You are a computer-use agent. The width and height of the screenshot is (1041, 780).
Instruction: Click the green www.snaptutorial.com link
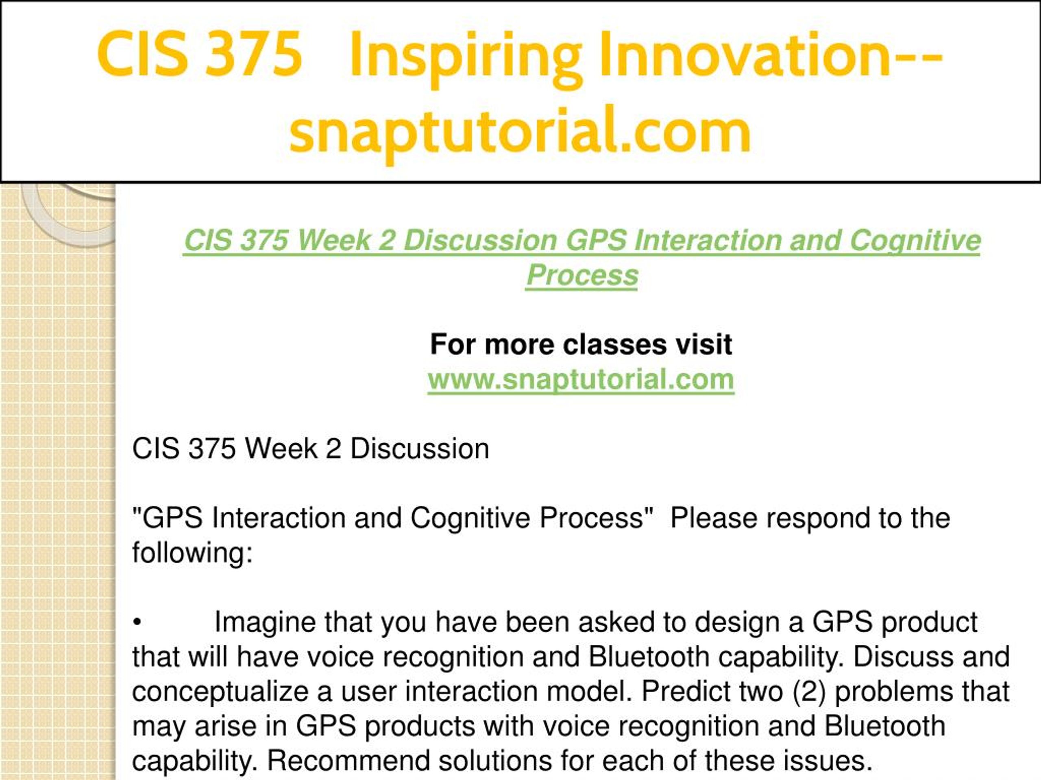pyautogui.click(x=581, y=379)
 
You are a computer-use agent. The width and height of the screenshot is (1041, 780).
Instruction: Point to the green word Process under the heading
pyautogui.click(x=581, y=275)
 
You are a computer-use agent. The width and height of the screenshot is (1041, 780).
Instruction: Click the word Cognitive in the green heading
pyautogui.click(x=915, y=241)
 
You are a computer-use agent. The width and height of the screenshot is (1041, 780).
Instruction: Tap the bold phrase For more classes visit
pyautogui.click(x=581, y=344)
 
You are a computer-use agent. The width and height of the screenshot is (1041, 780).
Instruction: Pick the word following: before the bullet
pyautogui.click(x=192, y=553)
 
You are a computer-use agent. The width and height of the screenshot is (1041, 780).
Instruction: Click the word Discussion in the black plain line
pyautogui.click(x=419, y=449)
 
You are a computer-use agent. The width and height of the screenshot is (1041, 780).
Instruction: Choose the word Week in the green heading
pyautogui.click(x=334, y=241)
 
